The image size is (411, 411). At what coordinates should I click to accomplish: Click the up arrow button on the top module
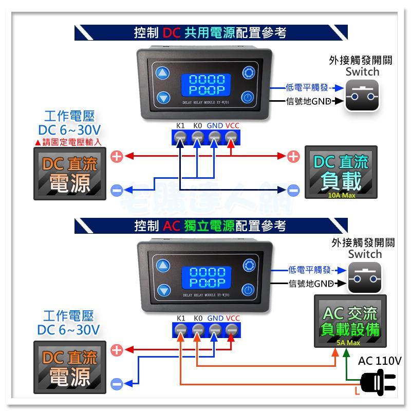tap(163, 72)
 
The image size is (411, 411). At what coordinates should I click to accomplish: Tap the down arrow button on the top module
tap(163, 97)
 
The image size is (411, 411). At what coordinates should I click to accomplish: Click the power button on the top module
tap(249, 97)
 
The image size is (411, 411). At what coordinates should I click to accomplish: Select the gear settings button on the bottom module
tap(249, 266)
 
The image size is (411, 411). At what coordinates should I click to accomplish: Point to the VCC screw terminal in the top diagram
tap(231, 137)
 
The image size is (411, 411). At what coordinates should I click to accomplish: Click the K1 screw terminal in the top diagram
tap(180, 137)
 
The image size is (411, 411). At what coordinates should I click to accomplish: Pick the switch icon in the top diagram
tap(362, 95)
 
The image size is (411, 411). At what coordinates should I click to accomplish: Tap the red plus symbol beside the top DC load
tap(293, 156)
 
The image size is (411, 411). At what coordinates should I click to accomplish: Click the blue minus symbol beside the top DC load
tap(293, 190)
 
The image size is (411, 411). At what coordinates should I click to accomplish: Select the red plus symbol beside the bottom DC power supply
tap(117, 350)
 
